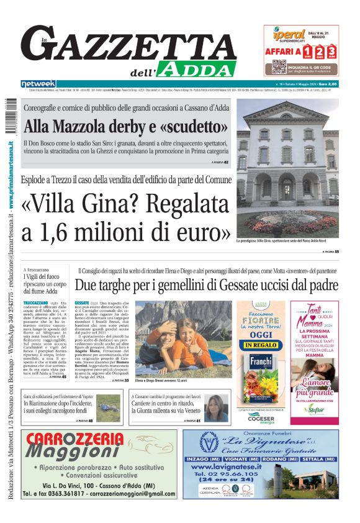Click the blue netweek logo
click(38, 84)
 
